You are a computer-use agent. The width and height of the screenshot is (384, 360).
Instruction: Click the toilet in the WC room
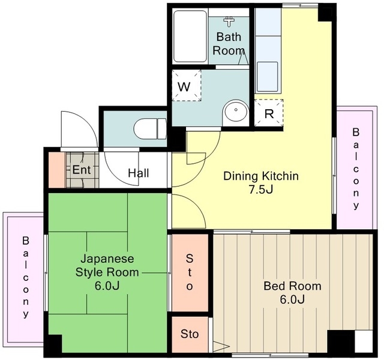[150, 129]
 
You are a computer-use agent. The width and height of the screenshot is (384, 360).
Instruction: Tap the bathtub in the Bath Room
[190, 36]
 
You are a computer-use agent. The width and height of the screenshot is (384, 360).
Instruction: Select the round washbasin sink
[236, 110]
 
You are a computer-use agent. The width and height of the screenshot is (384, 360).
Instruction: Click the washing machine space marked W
[187, 85]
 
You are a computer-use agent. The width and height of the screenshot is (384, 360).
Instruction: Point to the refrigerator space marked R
[269, 113]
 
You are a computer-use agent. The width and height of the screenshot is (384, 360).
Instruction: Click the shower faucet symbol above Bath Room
[229, 22]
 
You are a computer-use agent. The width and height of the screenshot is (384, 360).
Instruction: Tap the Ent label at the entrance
[82, 169]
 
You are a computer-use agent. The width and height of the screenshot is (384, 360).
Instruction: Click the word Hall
[139, 173]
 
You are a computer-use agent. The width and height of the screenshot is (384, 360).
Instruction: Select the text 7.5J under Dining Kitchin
[261, 190]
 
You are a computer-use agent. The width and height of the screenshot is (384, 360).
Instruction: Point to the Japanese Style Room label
[107, 272]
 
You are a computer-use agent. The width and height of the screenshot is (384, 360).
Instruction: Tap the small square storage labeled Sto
[190, 334]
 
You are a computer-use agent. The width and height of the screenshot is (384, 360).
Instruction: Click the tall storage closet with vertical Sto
[190, 272]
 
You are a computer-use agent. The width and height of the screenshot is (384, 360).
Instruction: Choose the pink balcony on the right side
[356, 168]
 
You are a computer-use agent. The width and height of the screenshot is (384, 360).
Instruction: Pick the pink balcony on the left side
[23, 279]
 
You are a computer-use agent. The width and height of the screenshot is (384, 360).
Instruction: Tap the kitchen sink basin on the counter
[268, 77]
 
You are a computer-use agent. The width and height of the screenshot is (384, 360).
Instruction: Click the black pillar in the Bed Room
[341, 341]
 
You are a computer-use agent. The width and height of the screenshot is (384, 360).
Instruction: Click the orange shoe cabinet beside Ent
[57, 170]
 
